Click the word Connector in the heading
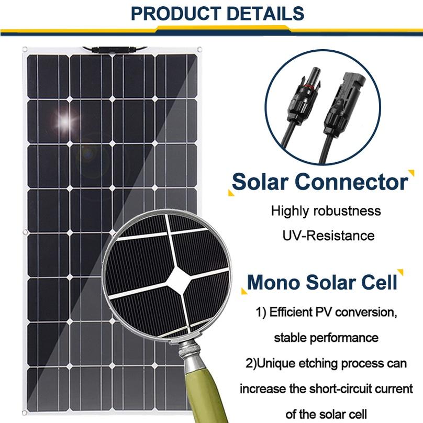coord(351,182)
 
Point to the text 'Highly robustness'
coord(326,211)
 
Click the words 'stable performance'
coord(326,337)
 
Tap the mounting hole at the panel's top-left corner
coord(25,50)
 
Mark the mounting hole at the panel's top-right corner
coord(199,50)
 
